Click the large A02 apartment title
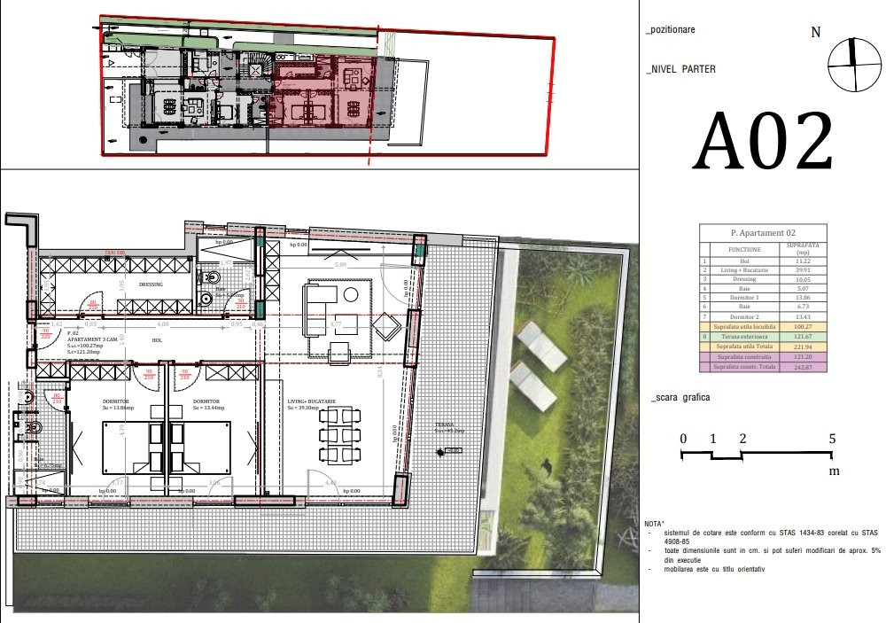[x=762, y=142]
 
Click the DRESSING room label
[x=152, y=284]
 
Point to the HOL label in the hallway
[x=157, y=339]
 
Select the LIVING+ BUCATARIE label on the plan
[x=312, y=401]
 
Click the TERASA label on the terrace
[x=444, y=424]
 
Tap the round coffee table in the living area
[x=352, y=292]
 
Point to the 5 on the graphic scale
[x=832, y=439]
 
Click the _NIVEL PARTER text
[x=681, y=69]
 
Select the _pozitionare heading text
[x=671, y=29]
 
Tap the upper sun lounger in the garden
[x=541, y=345]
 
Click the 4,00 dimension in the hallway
[x=162, y=325]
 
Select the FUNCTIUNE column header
[x=743, y=250]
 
